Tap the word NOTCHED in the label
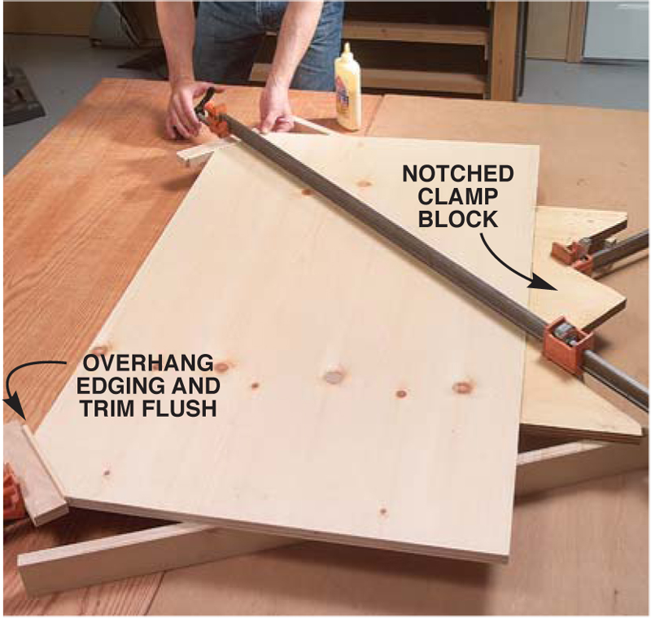click(458, 173)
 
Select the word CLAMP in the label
click(458, 196)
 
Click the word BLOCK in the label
click(458, 219)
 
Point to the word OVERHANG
click(148, 364)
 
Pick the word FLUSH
click(179, 409)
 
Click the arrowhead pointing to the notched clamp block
click(544, 283)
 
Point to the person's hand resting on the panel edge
click(275, 109)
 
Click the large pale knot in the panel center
click(334, 375)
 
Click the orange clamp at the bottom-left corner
click(11, 493)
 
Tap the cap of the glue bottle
click(347, 50)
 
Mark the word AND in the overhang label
click(197, 386)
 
